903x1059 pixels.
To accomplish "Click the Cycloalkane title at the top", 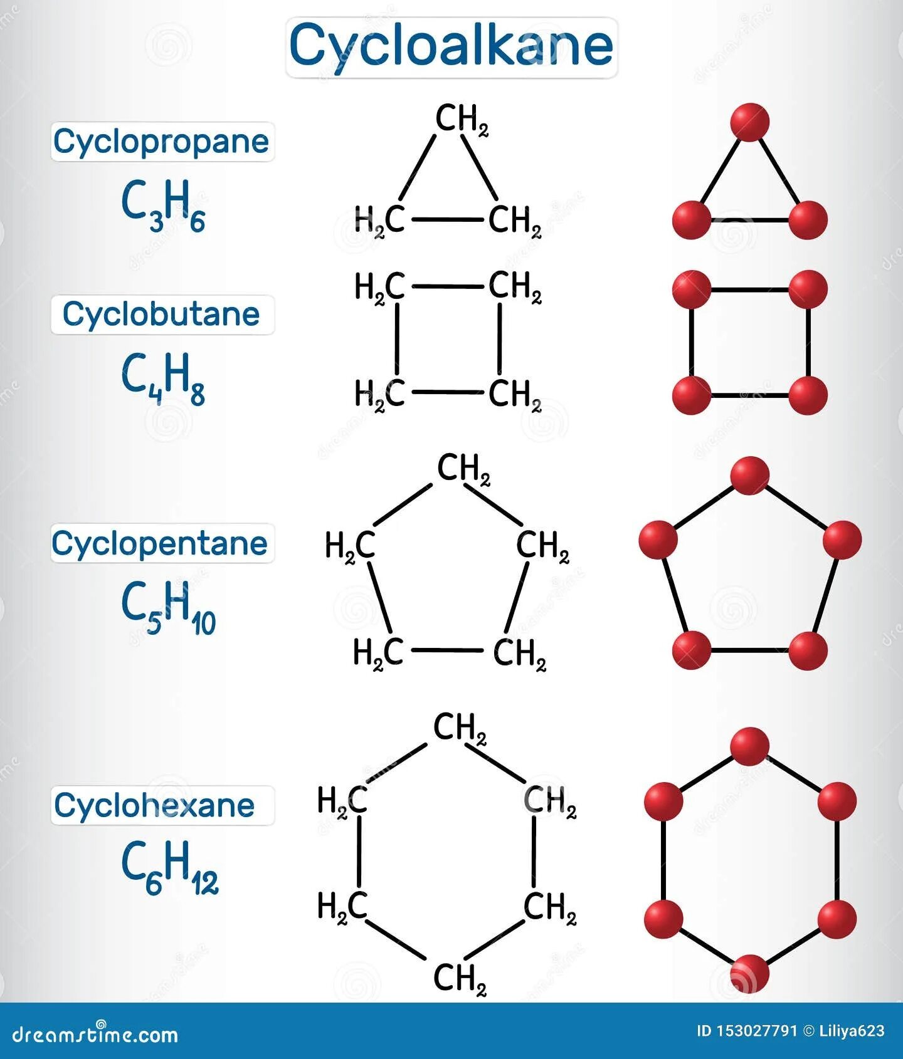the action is (451, 46).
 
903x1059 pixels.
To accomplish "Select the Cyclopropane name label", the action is (161, 142).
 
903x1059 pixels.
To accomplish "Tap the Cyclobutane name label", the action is (161, 314).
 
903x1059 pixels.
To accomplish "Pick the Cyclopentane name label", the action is (160, 543).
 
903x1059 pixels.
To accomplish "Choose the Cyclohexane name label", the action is (155, 805).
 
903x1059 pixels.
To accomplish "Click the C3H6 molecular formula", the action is (163, 205).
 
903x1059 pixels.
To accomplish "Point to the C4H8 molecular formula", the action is (163, 378).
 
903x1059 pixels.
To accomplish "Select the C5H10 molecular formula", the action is (168, 607).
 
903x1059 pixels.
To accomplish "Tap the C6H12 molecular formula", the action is (169, 868).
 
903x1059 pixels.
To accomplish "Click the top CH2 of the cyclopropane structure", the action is (461, 119).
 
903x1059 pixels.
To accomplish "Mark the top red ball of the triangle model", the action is (750, 122).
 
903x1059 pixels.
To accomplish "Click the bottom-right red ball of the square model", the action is (808, 395).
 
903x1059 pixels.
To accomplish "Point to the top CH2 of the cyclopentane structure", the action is (463, 469).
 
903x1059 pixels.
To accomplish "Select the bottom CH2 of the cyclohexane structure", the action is (460, 979).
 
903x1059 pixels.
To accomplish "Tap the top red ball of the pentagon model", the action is (750, 476).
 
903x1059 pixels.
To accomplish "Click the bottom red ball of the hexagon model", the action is (750, 974).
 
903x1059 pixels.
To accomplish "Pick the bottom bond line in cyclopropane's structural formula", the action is (446, 220).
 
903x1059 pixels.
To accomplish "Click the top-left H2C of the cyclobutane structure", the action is (380, 288).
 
